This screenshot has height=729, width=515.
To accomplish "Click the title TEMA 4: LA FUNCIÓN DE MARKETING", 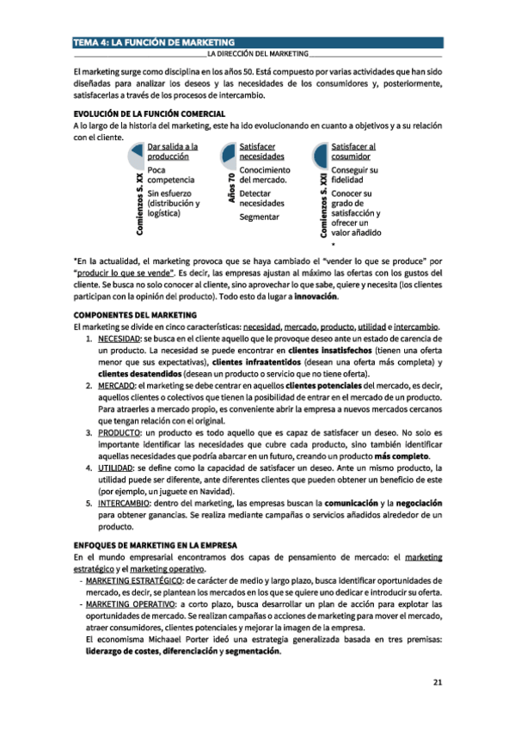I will coord(154,42).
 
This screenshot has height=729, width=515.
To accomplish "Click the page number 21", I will coord(438,683).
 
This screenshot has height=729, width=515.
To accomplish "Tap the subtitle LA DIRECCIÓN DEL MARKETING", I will coord(257,54).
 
